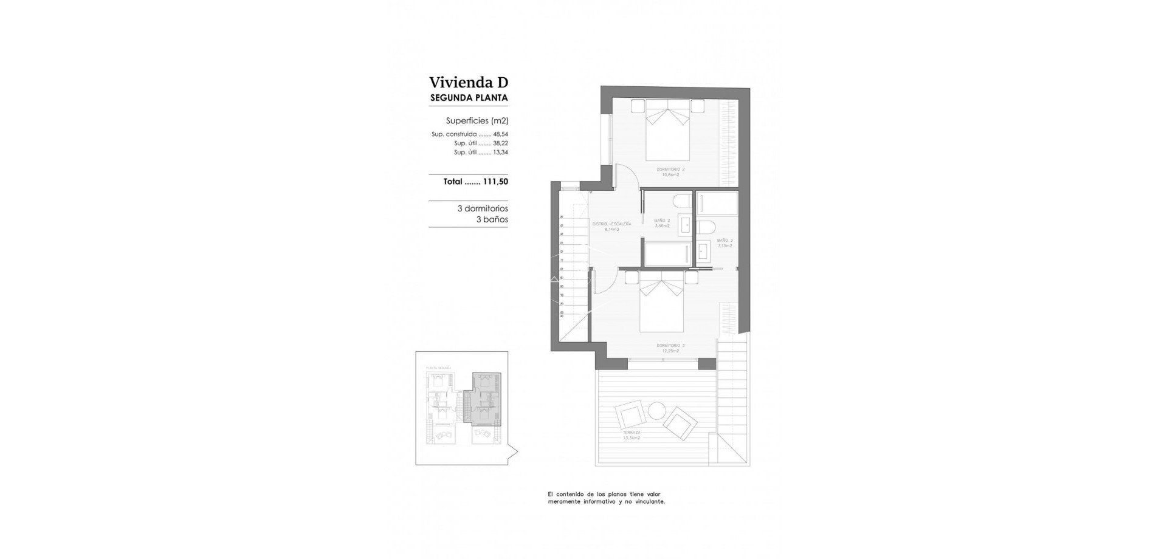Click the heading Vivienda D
[468, 82]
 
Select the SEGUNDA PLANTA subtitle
[469, 97]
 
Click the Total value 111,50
[495, 181]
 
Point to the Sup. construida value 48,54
[500, 134]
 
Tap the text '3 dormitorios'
[483, 208]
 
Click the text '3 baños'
[492, 219]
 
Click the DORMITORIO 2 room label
[670, 170]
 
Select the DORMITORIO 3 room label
[670, 346]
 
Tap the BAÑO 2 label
[662, 221]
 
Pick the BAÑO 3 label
[724, 241]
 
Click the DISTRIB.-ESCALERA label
[611, 224]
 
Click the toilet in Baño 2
[681, 201]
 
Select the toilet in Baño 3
[706, 228]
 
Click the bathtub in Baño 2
[667, 253]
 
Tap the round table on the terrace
[656, 411]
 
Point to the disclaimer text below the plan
[606, 498]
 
